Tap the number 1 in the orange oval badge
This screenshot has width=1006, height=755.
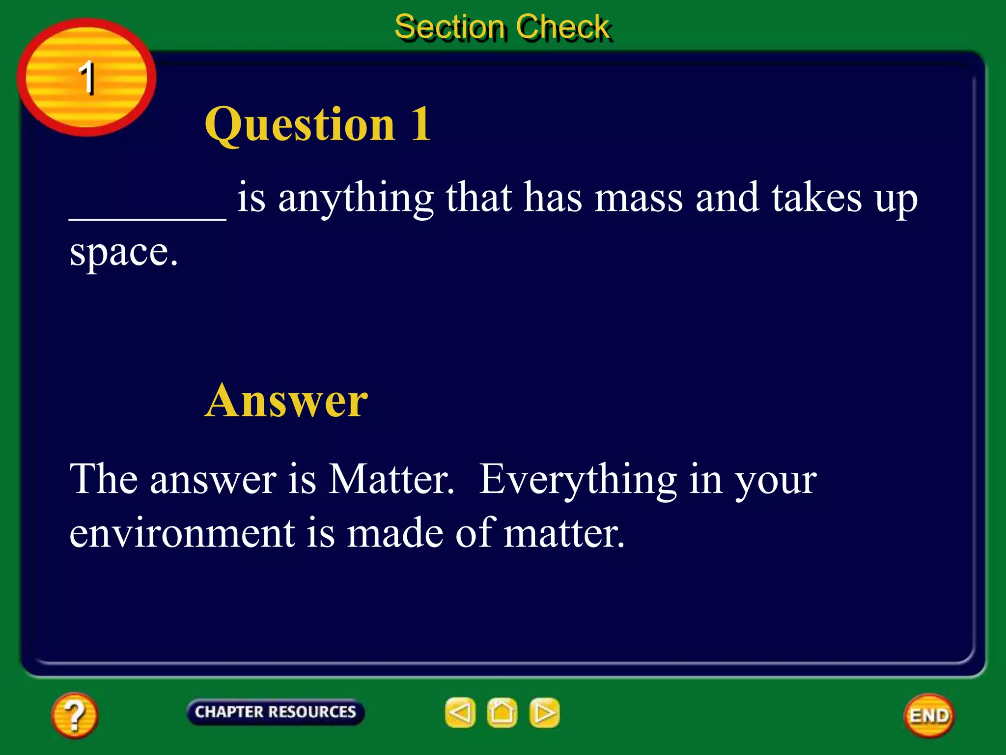[86, 77]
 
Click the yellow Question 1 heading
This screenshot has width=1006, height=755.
[318, 124]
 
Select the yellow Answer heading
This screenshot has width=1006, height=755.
[286, 401]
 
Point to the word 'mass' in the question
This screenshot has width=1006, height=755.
[638, 198]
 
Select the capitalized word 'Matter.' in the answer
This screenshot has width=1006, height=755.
[391, 479]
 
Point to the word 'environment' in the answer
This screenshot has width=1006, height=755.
[182, 533]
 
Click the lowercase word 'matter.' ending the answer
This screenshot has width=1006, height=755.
[564, 533]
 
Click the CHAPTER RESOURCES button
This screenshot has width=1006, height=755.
[275, 712]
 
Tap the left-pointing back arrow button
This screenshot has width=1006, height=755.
[460, 712]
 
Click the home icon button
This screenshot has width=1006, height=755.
[502, 712]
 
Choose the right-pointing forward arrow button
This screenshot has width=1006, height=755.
[544, 712]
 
